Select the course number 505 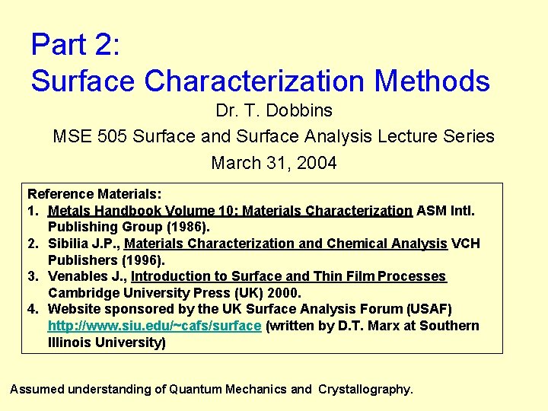113,137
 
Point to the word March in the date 234,163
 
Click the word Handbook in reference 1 123,211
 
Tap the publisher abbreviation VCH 465,244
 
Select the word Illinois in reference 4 70,342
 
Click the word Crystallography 365,389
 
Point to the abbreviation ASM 432,211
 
